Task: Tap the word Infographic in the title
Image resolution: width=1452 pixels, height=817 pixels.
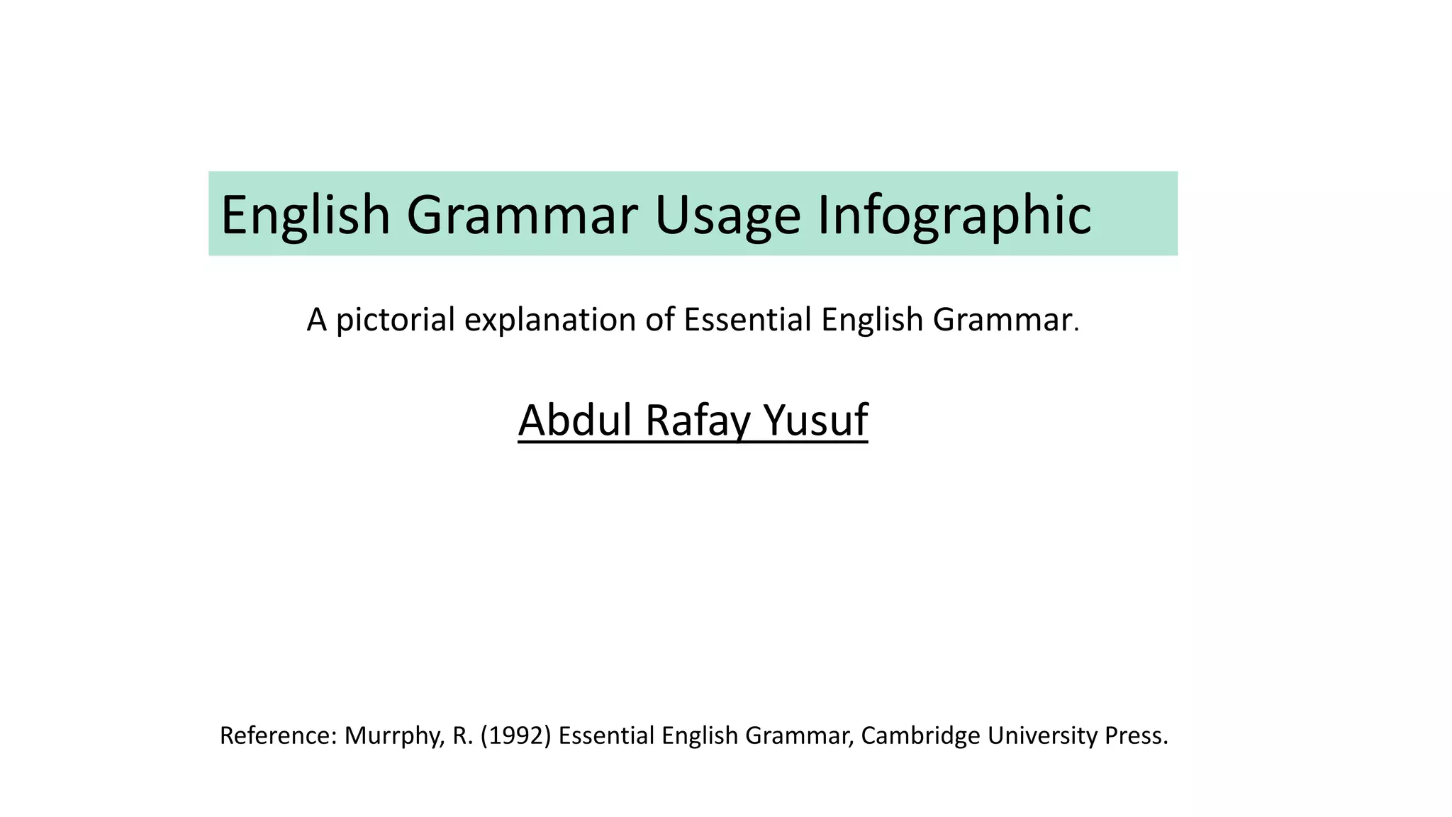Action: [954, 215]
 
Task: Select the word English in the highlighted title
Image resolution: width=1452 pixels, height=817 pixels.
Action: [306, 215]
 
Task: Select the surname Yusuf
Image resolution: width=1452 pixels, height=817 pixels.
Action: [815, 420]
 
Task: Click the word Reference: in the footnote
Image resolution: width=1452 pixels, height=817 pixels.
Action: [279, 736]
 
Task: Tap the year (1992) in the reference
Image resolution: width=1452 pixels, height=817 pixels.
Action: [515, 736]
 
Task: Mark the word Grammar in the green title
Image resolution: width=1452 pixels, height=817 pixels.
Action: [522, 215]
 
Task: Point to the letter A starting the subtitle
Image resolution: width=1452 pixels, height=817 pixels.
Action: [316, 320]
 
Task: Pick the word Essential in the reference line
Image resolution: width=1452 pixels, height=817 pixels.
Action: [606, 736]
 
